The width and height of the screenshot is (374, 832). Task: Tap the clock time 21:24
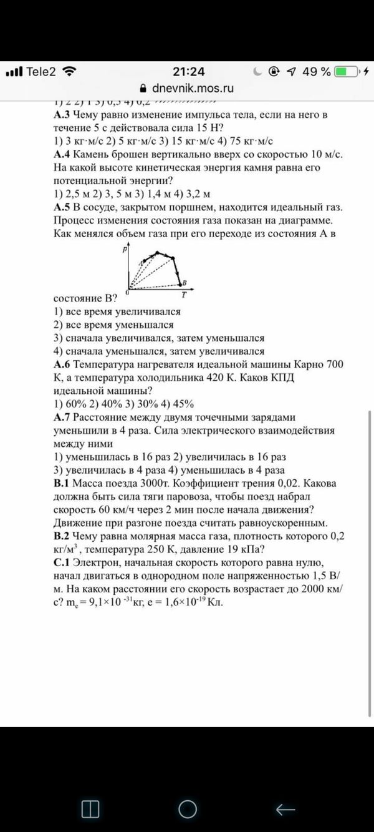click(188, 72)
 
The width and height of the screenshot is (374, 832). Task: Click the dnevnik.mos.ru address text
click(193, 88)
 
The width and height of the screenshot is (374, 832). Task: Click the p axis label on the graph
click(125, 248)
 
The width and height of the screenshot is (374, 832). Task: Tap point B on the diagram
click(185, 282)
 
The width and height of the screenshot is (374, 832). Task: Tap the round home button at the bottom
click(188, 809)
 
